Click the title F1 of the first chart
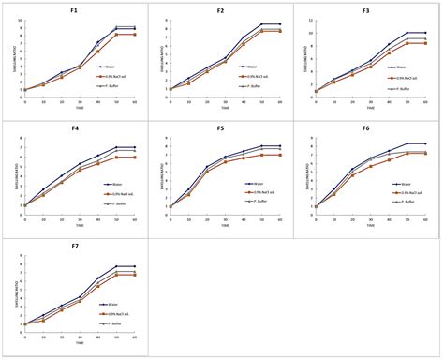(x=74, y=10)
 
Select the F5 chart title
(x=220, y=128)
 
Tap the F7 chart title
(x=74, y=247)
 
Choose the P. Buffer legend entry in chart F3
(x=409, y=84)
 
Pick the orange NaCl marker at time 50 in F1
(x=117, y=34)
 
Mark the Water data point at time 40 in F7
(x=98, y=278)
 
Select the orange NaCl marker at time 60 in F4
(x=135, y=157)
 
